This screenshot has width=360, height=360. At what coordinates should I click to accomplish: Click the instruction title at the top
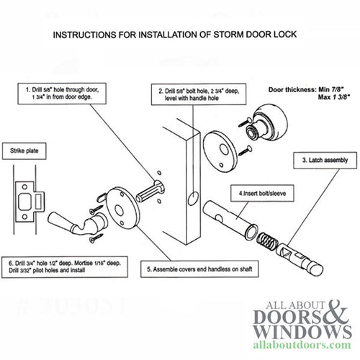[x=179, y=34]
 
